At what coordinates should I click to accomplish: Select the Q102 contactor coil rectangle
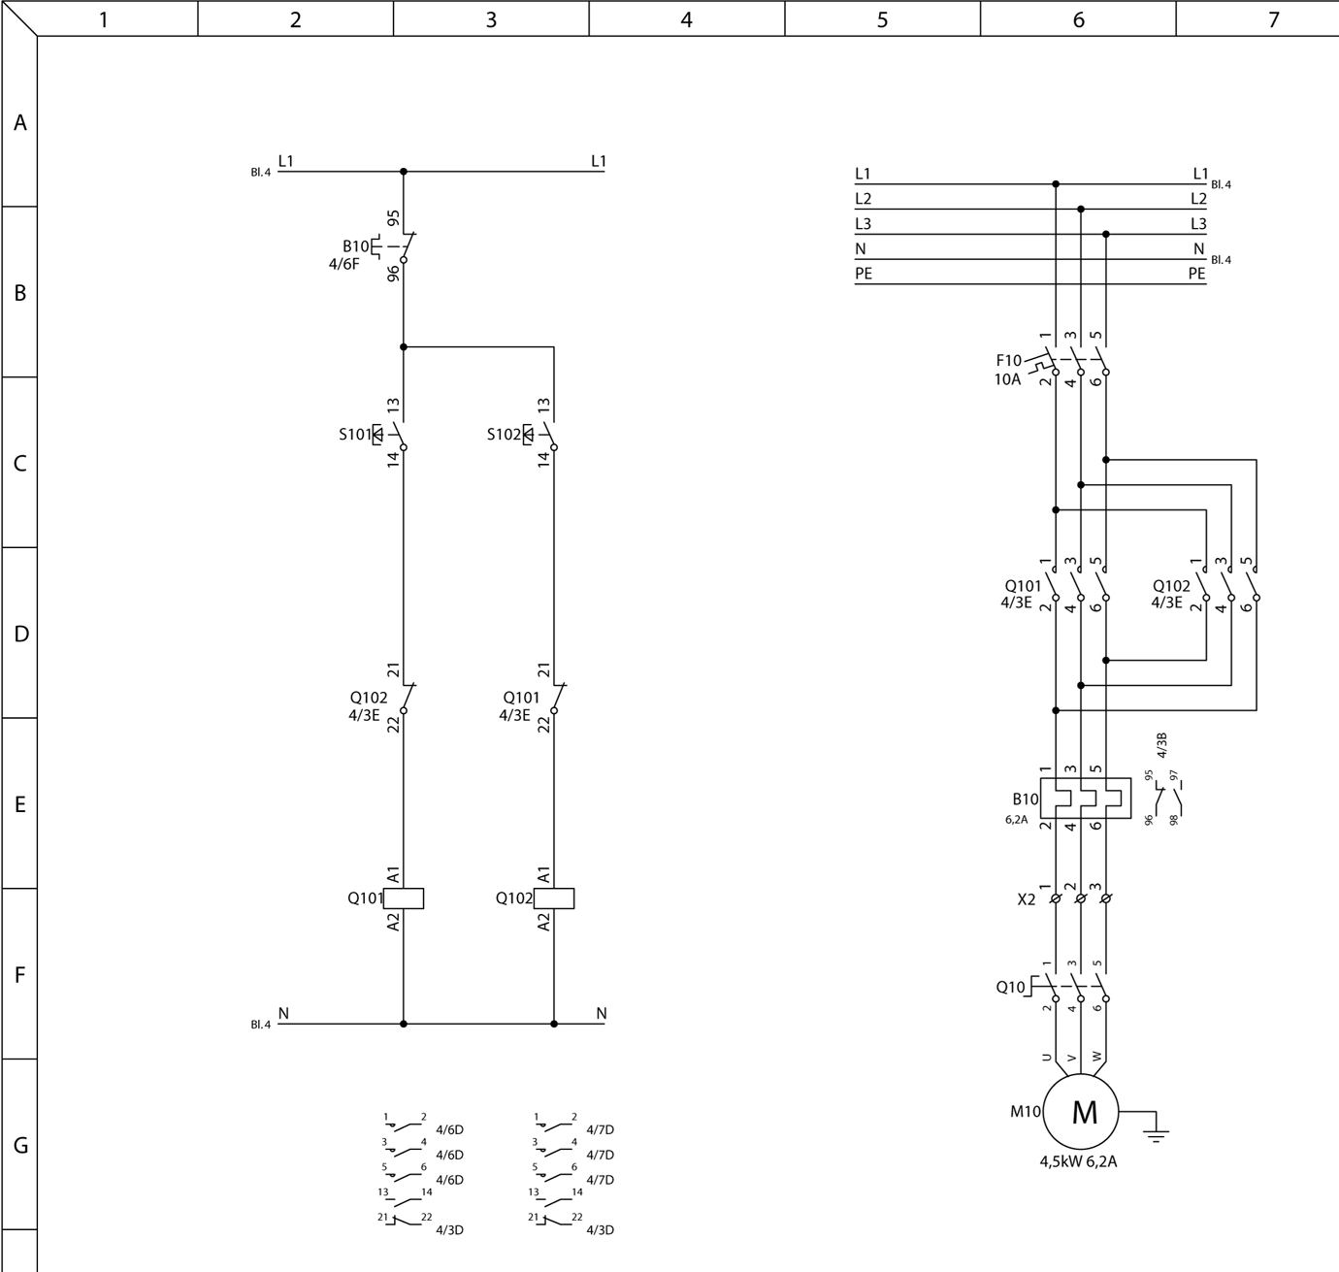554,898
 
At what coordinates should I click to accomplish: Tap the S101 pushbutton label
355,435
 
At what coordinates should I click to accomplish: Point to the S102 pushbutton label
504,435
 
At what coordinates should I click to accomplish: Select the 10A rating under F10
1007,379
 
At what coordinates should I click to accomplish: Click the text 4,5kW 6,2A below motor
1078,1161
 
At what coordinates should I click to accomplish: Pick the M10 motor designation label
1025,1112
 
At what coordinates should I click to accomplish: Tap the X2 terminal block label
1026,899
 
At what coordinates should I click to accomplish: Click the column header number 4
687,19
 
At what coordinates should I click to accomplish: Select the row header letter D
20,634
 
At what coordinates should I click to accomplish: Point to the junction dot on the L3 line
1106,234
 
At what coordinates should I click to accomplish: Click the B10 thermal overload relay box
1085,798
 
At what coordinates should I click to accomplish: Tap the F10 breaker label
1008,361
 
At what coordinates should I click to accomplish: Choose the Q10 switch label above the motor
1010,987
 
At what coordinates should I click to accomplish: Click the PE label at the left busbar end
864,275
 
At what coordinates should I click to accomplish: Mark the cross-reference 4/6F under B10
343,264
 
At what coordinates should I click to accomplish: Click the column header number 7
1273,19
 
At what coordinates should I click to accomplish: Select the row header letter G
20,1145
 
